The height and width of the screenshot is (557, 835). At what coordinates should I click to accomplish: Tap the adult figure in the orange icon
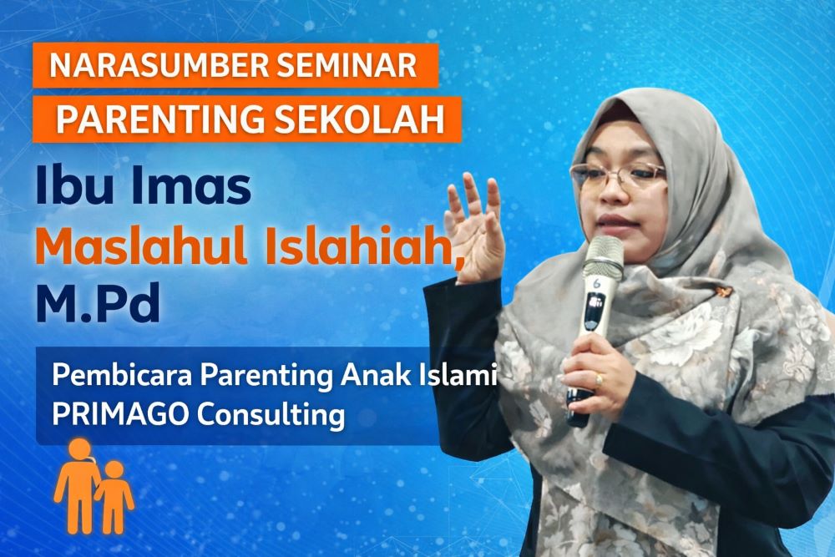[77, 484]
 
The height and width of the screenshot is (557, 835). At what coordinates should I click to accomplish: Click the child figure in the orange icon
[114, 497]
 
